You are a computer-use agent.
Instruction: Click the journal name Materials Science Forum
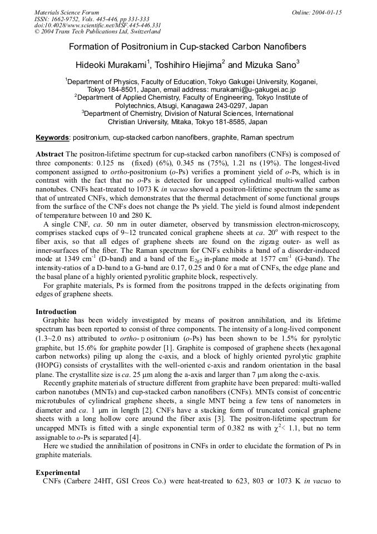67,12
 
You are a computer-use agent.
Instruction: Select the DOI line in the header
97,25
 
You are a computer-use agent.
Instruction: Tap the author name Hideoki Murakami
111,65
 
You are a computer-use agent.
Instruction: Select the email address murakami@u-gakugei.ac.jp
252,89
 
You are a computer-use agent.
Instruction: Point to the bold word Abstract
49,154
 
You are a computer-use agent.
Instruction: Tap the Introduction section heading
56,311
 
